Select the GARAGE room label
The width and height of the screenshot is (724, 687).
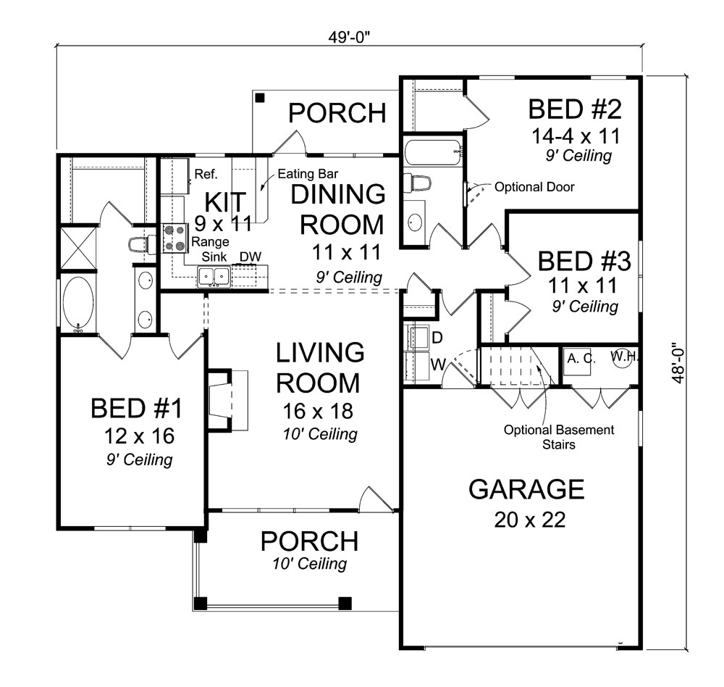526,490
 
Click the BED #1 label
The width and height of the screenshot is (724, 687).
136,409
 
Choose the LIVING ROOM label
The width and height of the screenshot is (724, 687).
320,367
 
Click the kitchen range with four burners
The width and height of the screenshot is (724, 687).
174,238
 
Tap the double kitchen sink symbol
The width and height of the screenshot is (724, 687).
214,275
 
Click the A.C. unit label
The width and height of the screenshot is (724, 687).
581,358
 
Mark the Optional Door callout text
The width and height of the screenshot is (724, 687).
534,187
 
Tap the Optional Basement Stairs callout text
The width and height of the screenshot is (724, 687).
559,437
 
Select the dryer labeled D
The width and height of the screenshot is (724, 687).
418,337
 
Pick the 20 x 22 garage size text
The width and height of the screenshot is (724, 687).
526,520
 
